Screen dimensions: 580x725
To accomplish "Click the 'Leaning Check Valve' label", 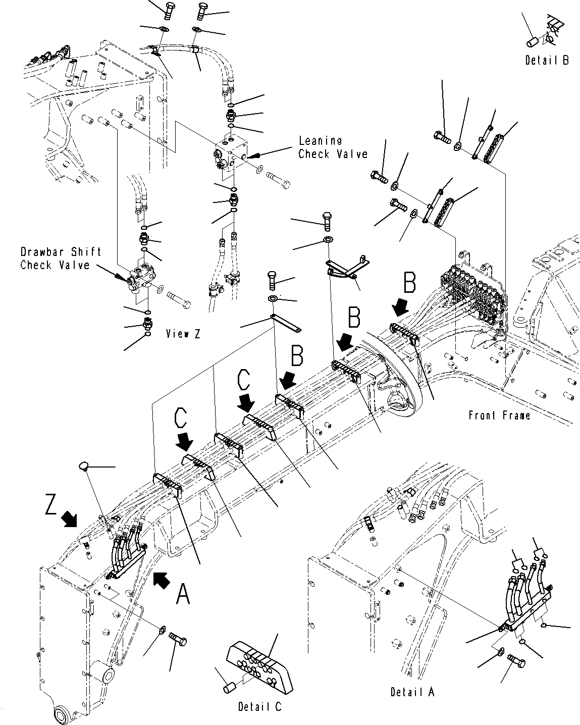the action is pyautogui.click(x=333, y=147).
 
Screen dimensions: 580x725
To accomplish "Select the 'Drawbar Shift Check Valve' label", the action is pyautogui.click(x=61, y=258).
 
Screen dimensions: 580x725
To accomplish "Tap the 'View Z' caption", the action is pyautogui.click(x=183, y=334).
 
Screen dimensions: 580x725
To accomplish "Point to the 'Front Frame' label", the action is pyautogui.click(x=500, y=416).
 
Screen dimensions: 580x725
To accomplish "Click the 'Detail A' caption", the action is pyautogui.click(x=412, y=692).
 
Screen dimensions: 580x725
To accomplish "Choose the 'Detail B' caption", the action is pyautogui.click(x=547, y=60).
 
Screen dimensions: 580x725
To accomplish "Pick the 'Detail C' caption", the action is pyautogui.click(x=259, y=706).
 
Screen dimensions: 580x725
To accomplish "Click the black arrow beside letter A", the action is pyautogui.click(x=162, y=580).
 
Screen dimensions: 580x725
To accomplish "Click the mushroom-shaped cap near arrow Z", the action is pyautogui.click(x=84, y=467).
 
